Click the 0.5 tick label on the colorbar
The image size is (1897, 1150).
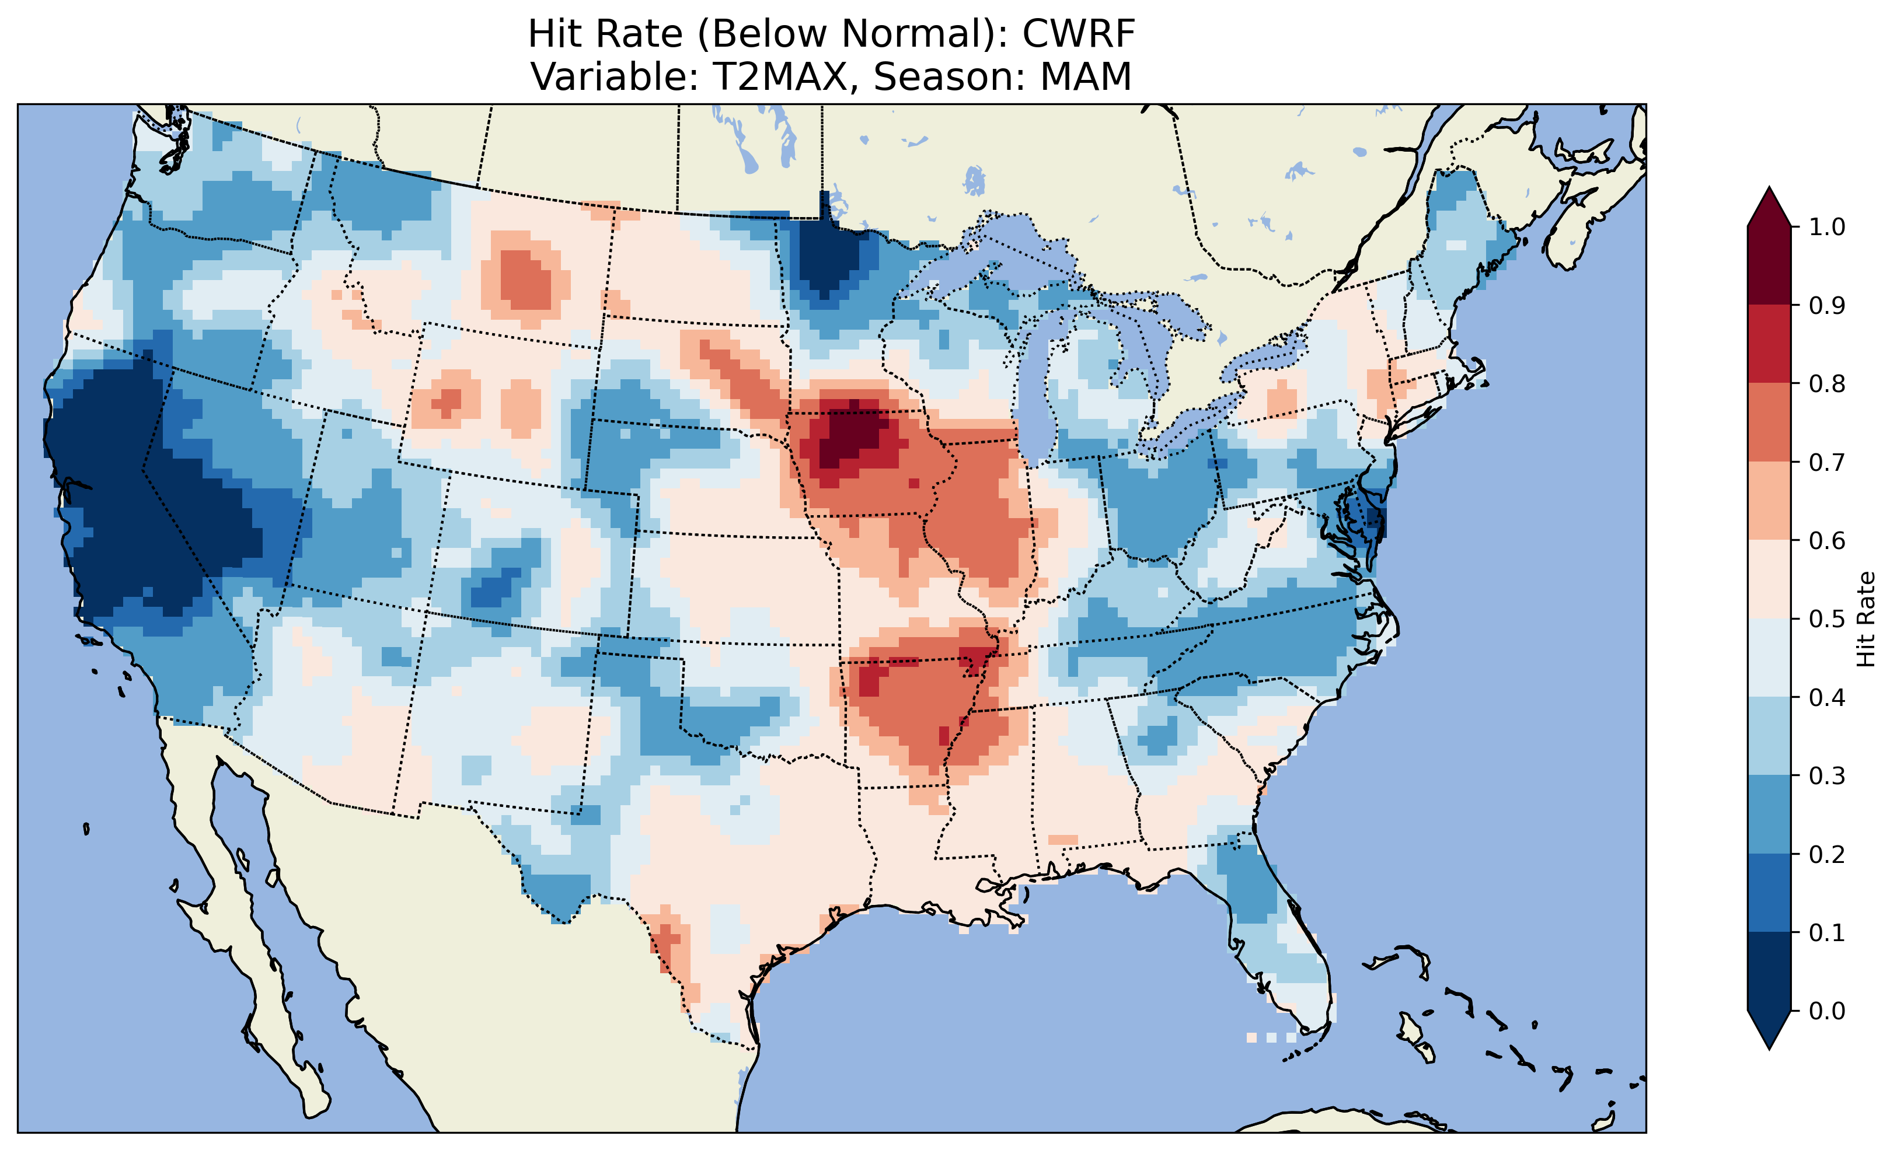(1826, 619)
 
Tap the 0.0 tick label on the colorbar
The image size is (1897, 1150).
(1826, 1011)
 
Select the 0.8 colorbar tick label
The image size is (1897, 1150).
(1826, 383)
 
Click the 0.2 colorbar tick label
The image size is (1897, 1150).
(1826, 854)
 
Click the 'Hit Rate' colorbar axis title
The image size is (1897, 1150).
(1866, 619)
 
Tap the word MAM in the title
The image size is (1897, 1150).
(1086, 77)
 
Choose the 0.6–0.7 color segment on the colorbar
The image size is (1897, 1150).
(1769, 501)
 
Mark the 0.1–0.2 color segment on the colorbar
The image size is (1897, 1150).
(1769, 893)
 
